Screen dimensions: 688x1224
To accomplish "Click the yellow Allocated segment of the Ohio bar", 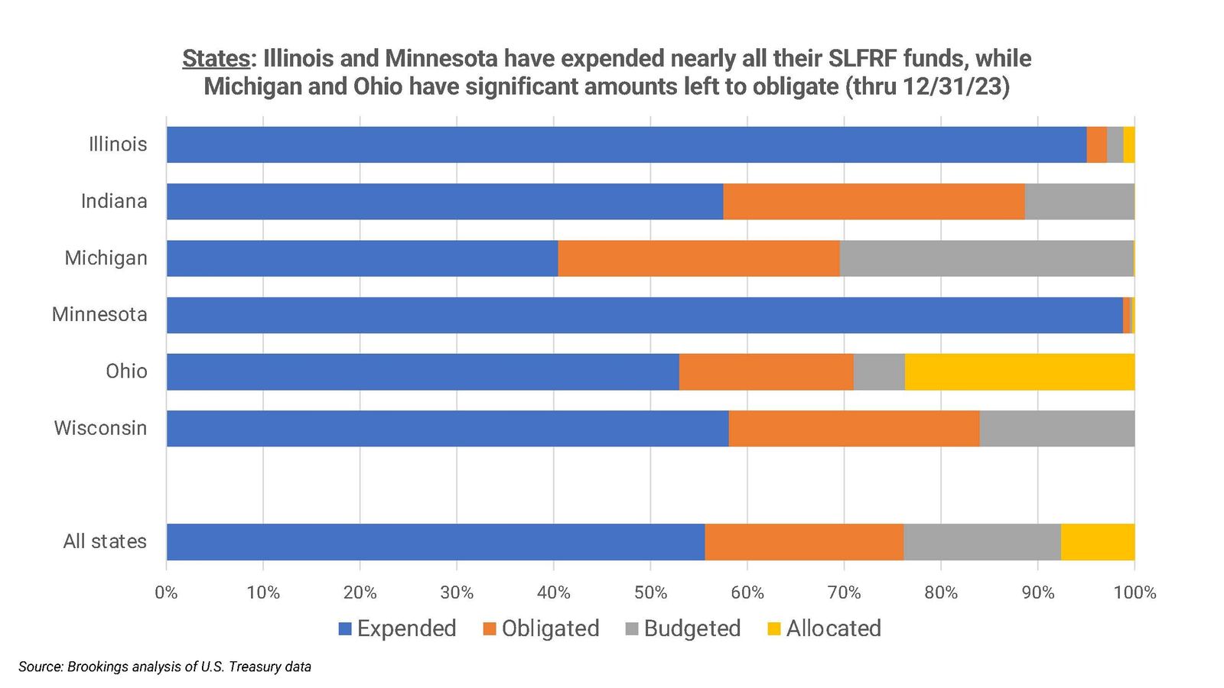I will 1019,372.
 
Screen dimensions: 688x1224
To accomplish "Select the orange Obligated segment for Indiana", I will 874,201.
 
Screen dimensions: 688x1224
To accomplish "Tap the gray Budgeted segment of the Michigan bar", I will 986,258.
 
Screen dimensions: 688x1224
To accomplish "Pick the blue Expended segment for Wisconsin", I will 448,428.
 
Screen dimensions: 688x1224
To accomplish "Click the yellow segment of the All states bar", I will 1098,542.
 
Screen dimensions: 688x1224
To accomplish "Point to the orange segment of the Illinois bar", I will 1096,144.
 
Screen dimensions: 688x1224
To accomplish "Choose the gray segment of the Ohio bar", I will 879,372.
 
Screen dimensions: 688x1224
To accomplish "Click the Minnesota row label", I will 99,314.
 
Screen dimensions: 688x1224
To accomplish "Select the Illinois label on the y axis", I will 118,144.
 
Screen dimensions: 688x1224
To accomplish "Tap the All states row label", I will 105,542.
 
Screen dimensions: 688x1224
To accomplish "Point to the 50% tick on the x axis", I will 650,592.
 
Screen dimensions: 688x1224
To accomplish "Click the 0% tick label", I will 166,592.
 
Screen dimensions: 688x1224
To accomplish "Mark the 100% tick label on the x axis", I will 1134,592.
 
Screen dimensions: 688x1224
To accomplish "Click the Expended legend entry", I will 405,628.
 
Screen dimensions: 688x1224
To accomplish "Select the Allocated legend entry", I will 833,628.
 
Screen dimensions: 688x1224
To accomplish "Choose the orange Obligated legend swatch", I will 490,629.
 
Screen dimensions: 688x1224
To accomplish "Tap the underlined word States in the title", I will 216,59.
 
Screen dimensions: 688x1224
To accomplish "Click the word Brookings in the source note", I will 98,667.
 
